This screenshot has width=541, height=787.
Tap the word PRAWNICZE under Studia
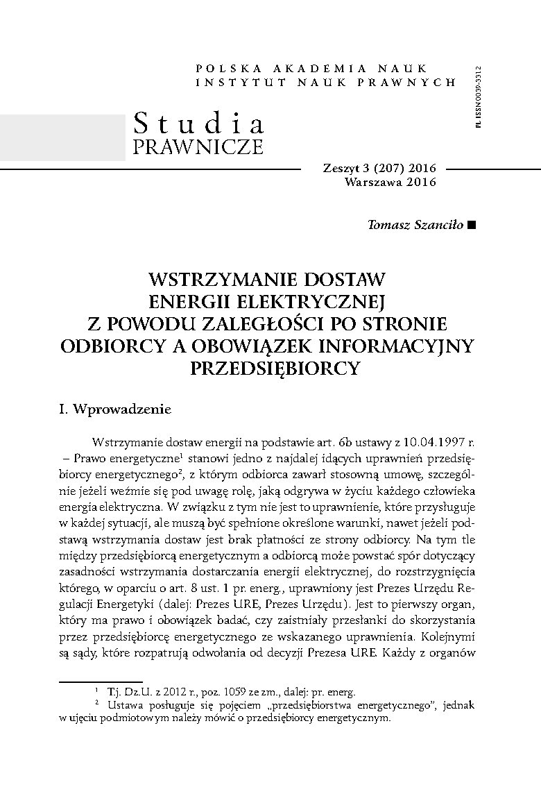tap(198, 147)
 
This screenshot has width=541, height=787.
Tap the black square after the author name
tap(472, 225)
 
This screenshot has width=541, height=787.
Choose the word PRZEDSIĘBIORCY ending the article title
tap(275, 367)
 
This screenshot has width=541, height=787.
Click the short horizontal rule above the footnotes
tap(101, 682)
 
